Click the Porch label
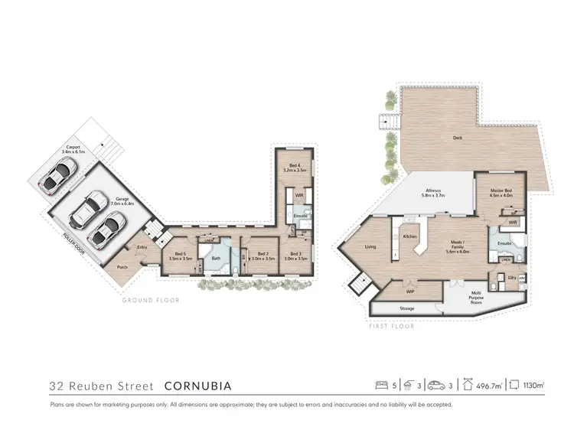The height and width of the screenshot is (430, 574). [x=122, y=267]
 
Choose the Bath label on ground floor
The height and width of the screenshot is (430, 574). [x=217, y=258]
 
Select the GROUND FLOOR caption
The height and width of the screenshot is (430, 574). [x=151, y=301]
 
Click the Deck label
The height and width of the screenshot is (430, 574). [x=458, y=138]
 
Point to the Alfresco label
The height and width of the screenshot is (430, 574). [x=433, y=193]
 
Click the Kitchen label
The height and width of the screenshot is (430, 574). [x=409, y=236]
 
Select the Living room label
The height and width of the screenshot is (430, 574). [x=370, y=246]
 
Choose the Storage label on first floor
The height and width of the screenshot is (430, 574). [x=406, y=308]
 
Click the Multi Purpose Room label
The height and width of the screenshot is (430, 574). [x=476, y=297]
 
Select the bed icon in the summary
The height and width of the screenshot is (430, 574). [x=380, y=386]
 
